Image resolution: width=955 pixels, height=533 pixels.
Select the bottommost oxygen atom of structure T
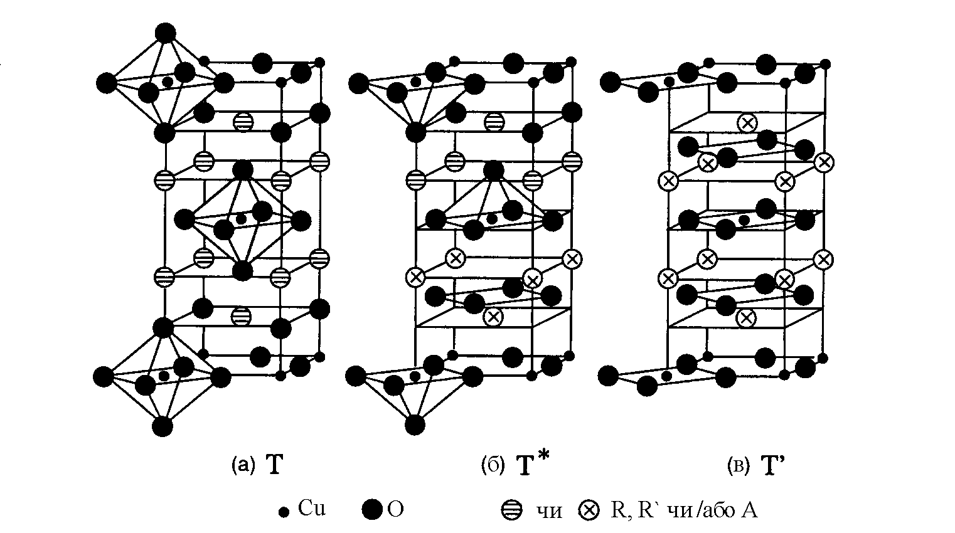[163, 426]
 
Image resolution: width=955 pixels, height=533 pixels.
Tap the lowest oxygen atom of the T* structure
[414, 425]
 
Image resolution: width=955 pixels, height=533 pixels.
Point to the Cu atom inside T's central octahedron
[241, 219]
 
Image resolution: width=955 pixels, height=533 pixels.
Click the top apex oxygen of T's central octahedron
[242, 170]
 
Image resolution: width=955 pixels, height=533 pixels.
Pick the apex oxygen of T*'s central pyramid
[493, 170]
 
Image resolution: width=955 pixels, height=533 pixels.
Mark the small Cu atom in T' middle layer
[744, 220]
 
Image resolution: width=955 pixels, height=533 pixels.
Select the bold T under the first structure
[275, 465]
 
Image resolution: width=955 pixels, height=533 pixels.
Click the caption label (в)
[738, 465]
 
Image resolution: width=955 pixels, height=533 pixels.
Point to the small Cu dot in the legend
[284, 512]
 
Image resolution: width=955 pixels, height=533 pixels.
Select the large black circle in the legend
[372, 510]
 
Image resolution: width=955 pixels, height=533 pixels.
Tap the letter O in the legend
[396, 510]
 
